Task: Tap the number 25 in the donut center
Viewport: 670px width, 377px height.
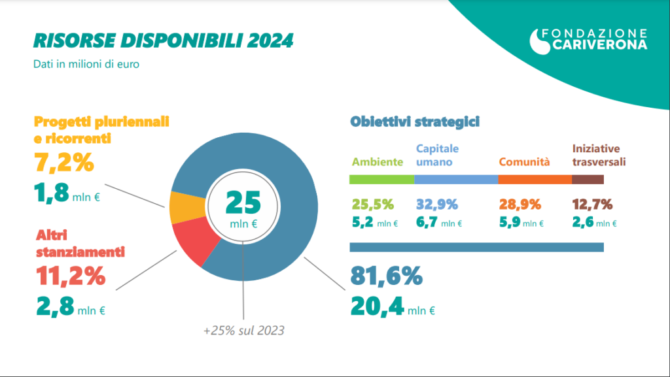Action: click(x=243, y=203)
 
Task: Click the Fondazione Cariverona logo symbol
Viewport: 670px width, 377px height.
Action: click(x=540, y=41)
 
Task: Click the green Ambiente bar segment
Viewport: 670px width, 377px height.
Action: click(x=382, y=180)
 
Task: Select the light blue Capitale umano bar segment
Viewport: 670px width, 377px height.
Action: click(x=456, y=180)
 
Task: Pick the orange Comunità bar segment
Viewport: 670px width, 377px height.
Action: click(x=531, y=180)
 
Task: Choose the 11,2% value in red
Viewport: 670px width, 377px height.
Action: click(x=69, y=276)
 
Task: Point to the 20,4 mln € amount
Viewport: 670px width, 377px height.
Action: click(x=393, y=305)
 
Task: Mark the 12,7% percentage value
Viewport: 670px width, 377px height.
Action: click(x=592, y=204)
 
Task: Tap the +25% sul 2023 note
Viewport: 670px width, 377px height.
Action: click(x=243, y=331)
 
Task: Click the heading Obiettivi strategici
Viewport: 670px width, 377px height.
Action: click(x=415, y=122)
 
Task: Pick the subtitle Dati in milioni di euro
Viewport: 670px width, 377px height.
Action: click(x=86, y=65)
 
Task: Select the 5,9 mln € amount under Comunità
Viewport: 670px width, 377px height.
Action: click(x=521, y=223)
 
